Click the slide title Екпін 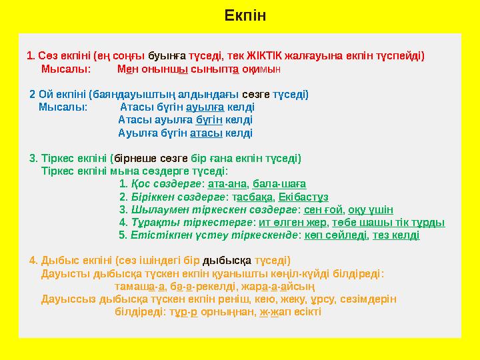[x=245, y=15]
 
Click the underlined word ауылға [x=205, y=107]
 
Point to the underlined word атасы [x=206, y=133]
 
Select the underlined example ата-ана [x=227, y=183]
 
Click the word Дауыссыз [x=65, y=299]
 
